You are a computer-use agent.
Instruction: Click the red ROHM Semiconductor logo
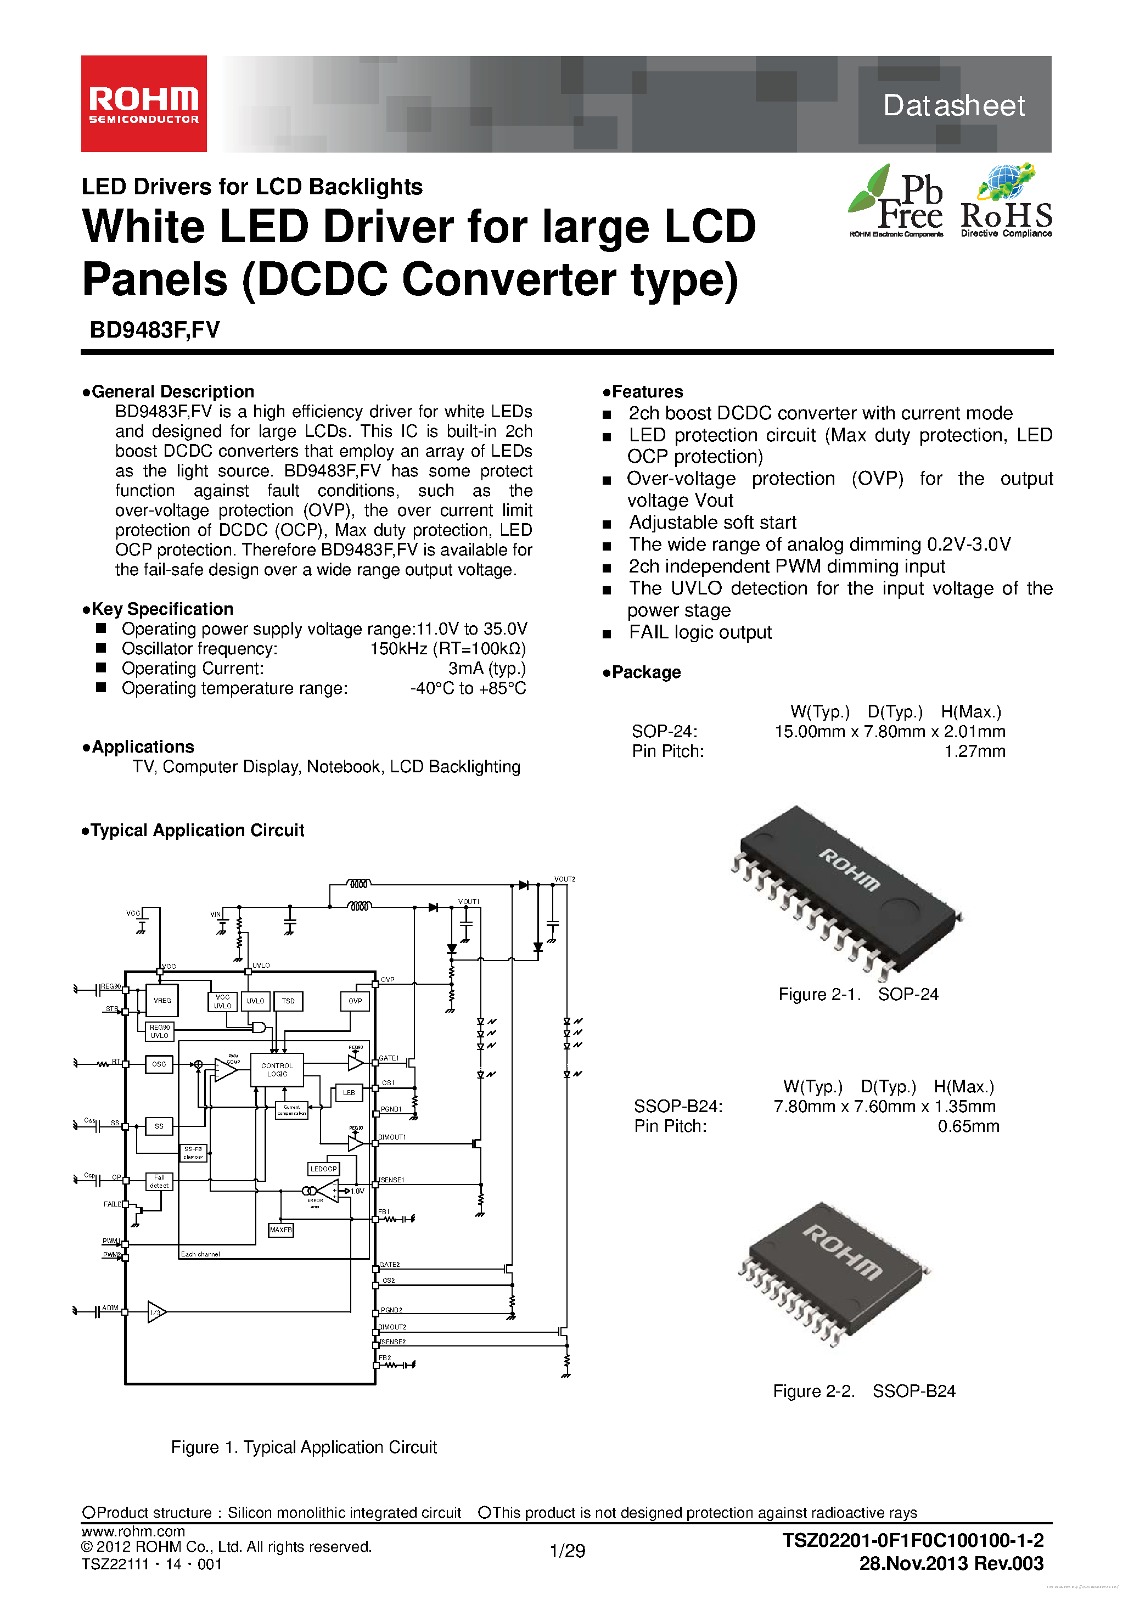coord(143,103)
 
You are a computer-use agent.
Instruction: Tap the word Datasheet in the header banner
coord(953,105)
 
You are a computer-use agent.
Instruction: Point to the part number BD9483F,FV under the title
coord(154,330)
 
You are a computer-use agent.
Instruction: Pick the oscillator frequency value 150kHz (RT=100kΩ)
coord(447,649)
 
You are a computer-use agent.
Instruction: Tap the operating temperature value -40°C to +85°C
coord(468,688)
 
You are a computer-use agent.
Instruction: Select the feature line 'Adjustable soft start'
coord(712,523)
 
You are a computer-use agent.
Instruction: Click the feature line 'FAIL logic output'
coord(700,633)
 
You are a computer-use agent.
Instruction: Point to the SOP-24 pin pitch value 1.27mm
coord(975,751)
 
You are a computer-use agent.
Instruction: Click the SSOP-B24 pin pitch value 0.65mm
coord(968,1126)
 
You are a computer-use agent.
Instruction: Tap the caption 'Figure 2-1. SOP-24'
coord(858,994)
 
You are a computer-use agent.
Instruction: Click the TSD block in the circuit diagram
coord(288,1001)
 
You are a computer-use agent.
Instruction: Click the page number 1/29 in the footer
coord(567,1551)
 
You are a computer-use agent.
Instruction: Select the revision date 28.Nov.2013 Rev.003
coord(951,1564)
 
